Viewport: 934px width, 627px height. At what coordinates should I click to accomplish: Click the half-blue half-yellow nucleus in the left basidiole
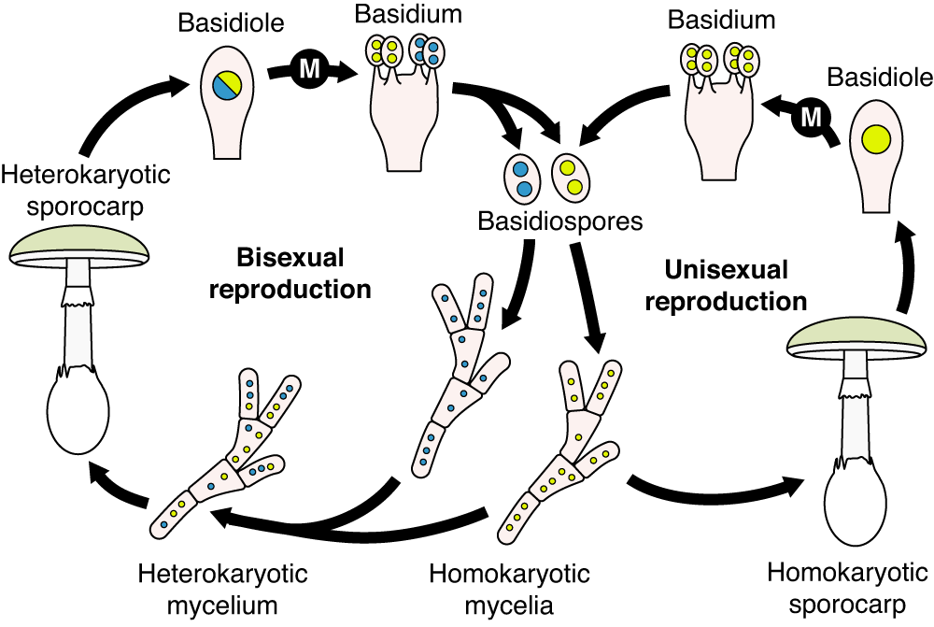pyautogui.click(x=227, y=85)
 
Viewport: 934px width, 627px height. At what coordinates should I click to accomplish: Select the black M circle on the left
pyautogui.click(x=309, y=67)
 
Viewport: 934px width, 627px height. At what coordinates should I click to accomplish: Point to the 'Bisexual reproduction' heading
pyautogui.click(x=290, y=273)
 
